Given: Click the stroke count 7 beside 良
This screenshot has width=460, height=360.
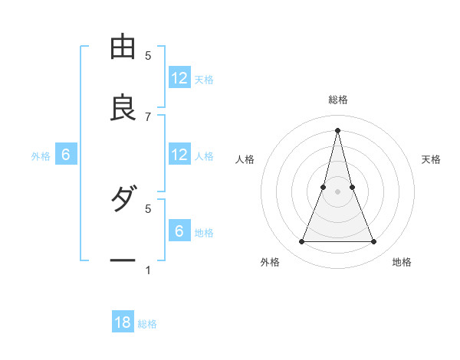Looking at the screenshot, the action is point(148,116).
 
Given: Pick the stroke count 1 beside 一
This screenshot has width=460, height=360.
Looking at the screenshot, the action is point(148,270).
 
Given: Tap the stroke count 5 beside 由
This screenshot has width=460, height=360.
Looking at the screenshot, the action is point(148,55).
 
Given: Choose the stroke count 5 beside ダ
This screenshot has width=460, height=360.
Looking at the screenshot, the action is point(148,208).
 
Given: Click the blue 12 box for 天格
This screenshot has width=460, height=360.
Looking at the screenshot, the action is point(179,78).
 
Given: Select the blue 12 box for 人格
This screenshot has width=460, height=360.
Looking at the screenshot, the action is point(179,155).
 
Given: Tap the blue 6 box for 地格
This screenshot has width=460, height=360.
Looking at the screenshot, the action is point(179,231).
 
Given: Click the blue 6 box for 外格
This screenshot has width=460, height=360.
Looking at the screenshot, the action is point(66,155).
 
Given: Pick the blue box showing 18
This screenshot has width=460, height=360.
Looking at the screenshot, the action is point(123,322).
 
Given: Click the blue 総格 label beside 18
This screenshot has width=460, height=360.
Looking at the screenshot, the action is point(147,324).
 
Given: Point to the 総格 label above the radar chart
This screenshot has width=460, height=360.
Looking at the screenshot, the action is point(338,100).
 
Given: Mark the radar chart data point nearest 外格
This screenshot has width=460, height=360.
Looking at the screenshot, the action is point(301,242).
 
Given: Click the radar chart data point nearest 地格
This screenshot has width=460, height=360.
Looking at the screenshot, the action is point(374,242).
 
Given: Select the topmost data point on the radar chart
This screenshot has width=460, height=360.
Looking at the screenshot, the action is point(338,129).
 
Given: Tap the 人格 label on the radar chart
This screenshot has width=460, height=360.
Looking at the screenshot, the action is point(245,159).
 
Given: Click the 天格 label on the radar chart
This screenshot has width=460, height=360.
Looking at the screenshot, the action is point(432,159).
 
